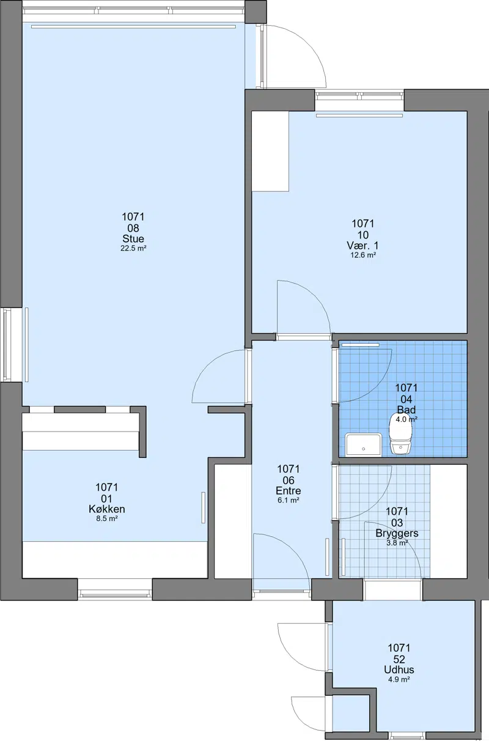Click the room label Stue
click(133, 238)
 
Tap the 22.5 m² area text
click(133, 248)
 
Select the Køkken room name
click(107, 509)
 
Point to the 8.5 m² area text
click(107, 518)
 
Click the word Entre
click(289, 490)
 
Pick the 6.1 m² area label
click(289, 500)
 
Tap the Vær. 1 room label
click(362, 245)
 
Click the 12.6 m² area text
click(363, 255)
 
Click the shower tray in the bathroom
click(364, 445)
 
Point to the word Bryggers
click(397, 533)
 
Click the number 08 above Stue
click(133, 228)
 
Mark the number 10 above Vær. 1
click(362, 235)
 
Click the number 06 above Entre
click(289, 480)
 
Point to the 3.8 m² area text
click(397, 543)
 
